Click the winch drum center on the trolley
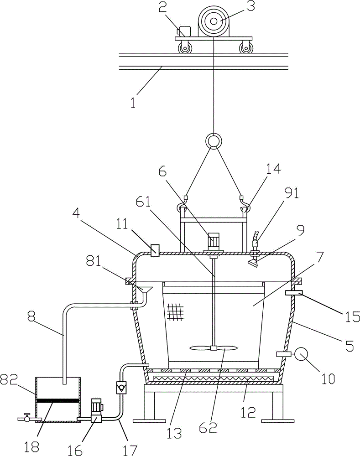(x=214, y=21)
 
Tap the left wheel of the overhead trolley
(x=185, y=48)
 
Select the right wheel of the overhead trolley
(x=245, y=48)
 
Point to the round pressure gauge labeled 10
(x=301, y=354)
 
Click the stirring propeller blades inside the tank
(x=214, y=348)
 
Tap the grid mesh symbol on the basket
(x=176, y=311)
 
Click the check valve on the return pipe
(x=121, y=388)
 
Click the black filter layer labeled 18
(x=57, y=400)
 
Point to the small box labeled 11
(x=155, y=250)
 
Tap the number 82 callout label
(x=8, y=378)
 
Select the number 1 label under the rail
(x=133, y=103)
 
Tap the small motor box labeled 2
(x=184, y=31)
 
